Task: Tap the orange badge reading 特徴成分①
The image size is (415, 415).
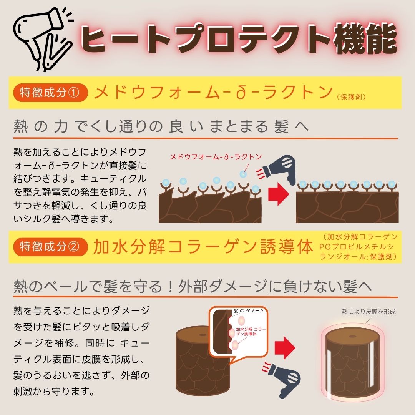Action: pos(50,93)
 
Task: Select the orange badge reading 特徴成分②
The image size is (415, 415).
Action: pos(50,247)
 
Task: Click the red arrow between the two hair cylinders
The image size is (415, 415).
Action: pos(286,345)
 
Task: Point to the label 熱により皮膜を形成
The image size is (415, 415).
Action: pos(368,312)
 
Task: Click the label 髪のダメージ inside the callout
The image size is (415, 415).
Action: pos(248,310)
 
